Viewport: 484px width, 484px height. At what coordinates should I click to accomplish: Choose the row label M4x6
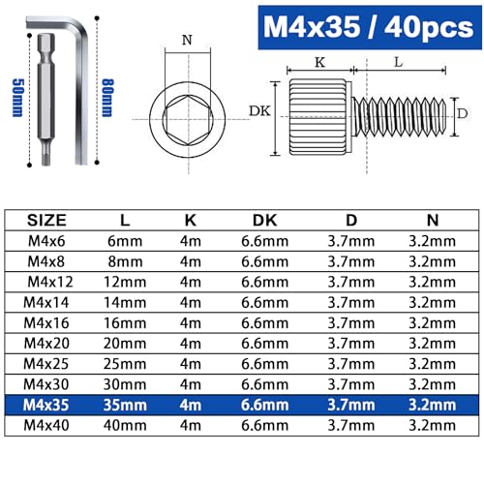pos(46,240)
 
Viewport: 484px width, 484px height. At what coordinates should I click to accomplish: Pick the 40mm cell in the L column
pos(122,427)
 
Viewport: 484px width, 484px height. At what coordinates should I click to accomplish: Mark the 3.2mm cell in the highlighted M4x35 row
pos(430,406)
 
